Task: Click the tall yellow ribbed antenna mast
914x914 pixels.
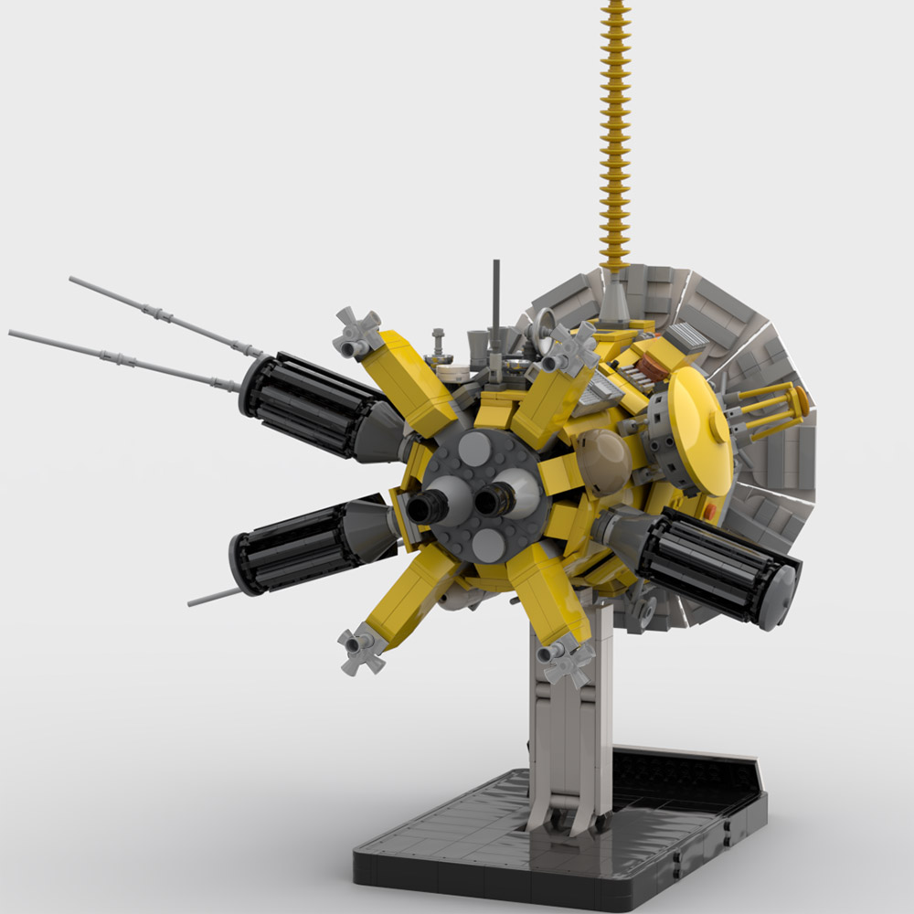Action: [614, 137]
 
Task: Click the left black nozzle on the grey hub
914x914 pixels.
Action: [427, 506]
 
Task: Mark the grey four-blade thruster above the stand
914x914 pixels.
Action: [568, 661]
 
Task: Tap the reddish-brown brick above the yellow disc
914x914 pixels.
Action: [652, 365]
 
